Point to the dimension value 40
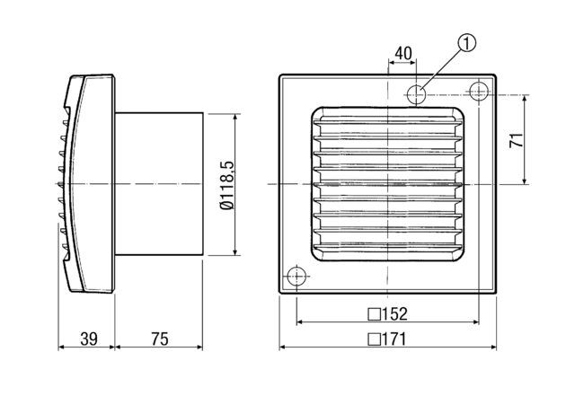click(403, 54)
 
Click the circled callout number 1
click(465, 40)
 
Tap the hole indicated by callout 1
click(416, 92)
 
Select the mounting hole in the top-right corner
click(478, 92)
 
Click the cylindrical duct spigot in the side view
click(159, 184)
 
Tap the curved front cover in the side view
click(88, 184)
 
